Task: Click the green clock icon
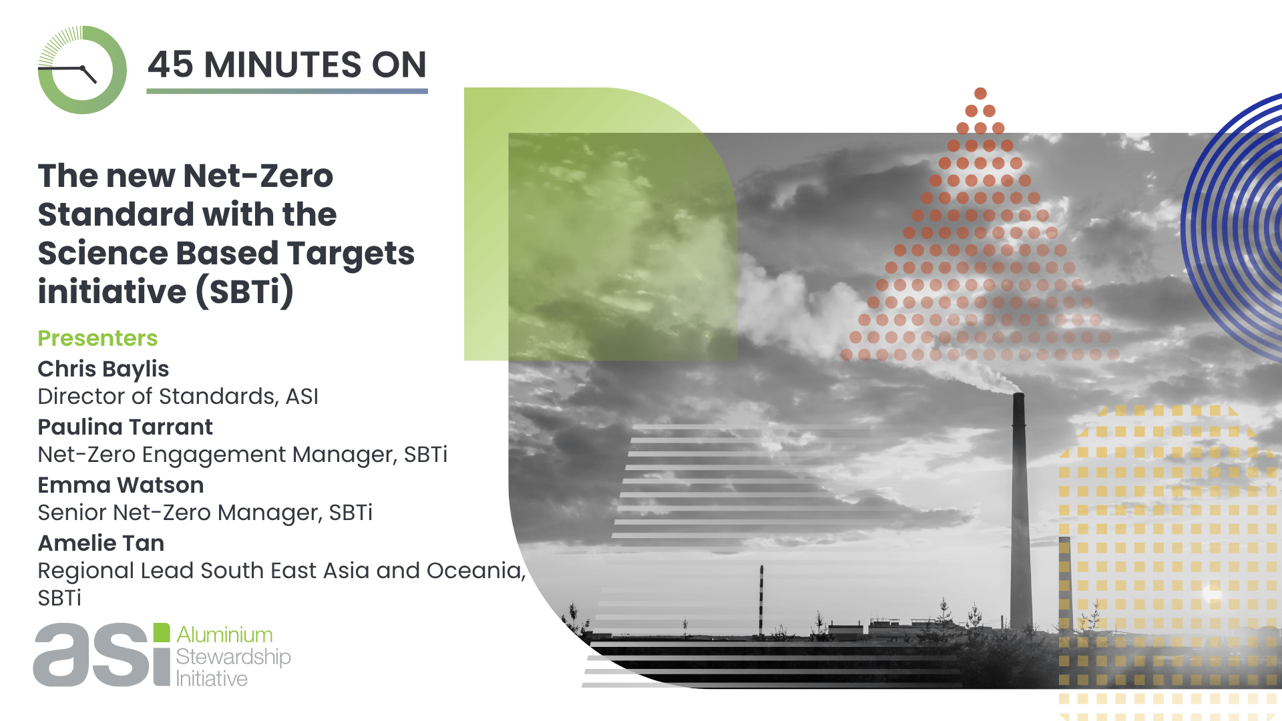pos(82,69)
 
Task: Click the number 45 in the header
pos(170,65)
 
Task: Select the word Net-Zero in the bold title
pos(258,176)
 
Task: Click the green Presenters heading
pos(97,338)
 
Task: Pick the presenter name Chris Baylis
pos(103,369)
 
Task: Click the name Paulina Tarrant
pos(126,427)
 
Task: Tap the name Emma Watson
pos(121,485)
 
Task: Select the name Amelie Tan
pos(101,543)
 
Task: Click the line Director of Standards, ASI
pos(178,397)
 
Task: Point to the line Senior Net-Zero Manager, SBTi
pos(205,513)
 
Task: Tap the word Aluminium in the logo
pos(224,634)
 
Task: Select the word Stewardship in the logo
pos(233,657)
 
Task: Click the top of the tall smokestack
pos(1018,395)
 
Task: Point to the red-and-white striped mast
pos(761,600)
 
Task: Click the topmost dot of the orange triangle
pos(980,93)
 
